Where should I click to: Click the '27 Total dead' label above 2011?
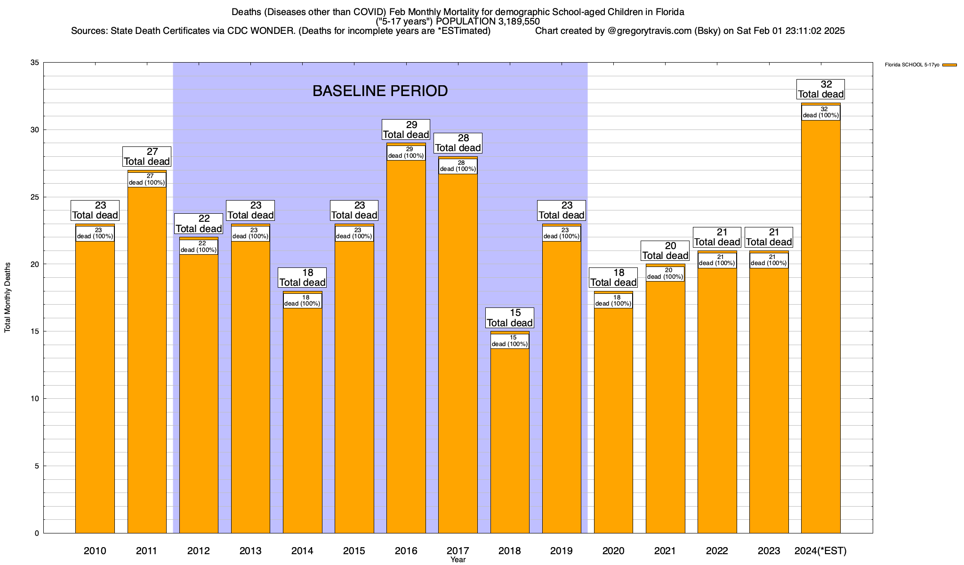tap(147, 157)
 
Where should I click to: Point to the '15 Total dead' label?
tap(510, 318)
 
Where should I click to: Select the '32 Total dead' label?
tap(820, 89)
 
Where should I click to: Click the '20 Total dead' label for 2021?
tap(665, 250)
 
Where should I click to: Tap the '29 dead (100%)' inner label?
tap(406, 153)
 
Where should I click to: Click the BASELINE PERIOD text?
tap(380, 91)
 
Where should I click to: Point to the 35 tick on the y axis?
tap(34, 63)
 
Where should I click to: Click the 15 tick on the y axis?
tap(34, 331)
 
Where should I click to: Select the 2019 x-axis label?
tap(562, 551)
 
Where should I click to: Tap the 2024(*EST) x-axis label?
tap(820, 551)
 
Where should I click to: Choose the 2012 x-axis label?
tap(199, 551)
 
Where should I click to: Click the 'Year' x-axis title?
tap(458, 560)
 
